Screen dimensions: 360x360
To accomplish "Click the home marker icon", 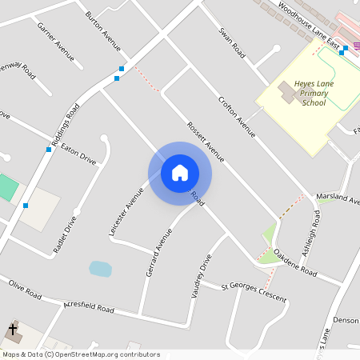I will (180, 172).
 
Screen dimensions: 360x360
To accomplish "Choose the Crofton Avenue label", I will (236, 117).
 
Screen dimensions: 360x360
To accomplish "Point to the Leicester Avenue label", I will (126, 212).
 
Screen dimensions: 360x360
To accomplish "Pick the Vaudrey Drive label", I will (201, 277).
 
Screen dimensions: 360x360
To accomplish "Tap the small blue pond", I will (100, 268).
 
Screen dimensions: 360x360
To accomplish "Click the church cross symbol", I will (13, 329).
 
